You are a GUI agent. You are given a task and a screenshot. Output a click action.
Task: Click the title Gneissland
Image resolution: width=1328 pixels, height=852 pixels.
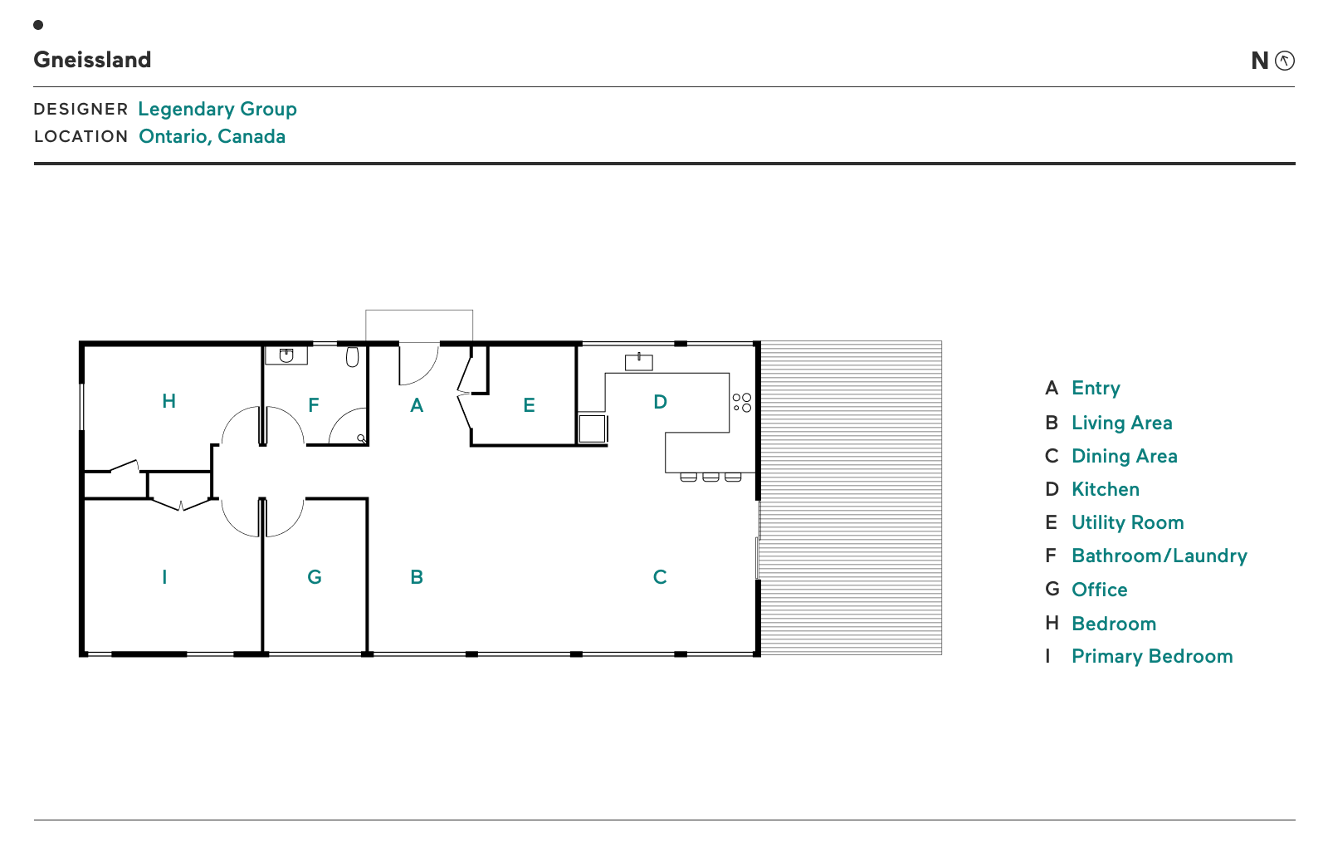tap(92, 60)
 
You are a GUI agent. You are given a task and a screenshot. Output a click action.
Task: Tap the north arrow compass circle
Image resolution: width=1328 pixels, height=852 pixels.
tap(1285, 61)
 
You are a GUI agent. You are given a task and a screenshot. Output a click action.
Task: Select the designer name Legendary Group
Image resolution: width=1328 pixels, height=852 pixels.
tap(217, 109)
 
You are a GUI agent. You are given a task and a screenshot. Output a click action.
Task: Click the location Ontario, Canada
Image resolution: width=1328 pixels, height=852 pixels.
tap(212, 136)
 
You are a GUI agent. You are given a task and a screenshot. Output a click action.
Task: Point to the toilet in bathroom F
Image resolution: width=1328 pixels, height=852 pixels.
tap(352, 356)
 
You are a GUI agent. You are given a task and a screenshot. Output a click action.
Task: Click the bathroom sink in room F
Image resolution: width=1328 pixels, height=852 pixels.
tap(286, 355)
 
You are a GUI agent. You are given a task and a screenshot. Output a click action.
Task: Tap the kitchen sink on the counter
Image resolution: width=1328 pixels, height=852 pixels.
tap(639, 361)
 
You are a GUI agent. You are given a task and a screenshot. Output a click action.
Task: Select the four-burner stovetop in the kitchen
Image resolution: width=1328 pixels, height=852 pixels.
tap(742, 402)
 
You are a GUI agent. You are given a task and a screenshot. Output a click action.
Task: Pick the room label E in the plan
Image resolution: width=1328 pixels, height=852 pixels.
tap(529, 405)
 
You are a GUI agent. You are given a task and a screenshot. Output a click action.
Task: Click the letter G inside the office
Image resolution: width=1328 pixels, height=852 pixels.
tap(315, 576)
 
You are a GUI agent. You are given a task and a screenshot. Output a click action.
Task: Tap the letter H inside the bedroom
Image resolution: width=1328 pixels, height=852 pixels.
tap(169, 401)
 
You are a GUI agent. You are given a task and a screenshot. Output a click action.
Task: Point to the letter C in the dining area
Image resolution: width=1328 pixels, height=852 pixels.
tap(660, 576)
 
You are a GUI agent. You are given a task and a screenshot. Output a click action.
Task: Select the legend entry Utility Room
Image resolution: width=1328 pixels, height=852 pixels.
tap(1128, 522)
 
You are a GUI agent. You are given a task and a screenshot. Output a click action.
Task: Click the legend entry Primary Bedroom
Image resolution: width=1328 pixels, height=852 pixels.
tap(1152, 656)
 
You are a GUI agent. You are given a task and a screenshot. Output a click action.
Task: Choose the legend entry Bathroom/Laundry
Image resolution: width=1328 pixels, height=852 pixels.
tap(1159, 556)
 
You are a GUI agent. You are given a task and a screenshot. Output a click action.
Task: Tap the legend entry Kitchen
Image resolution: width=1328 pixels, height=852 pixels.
tap(1106, 489)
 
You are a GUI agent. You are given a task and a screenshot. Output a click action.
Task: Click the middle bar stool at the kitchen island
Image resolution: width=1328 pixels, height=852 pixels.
tap(710, 477)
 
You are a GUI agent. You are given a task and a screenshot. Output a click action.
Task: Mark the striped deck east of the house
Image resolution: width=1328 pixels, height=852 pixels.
tap(852, 497)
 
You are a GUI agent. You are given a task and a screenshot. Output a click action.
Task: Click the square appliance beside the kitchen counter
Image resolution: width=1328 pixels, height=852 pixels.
tap(593, 428)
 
